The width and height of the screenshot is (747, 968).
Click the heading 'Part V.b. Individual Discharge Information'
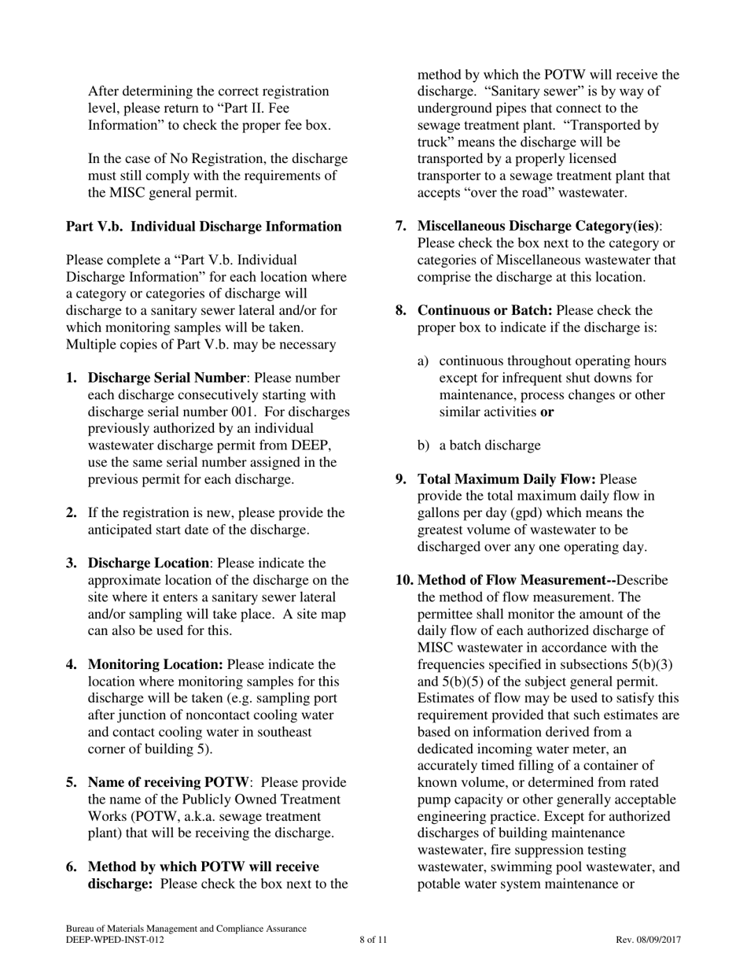204,227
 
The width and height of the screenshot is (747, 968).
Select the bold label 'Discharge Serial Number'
167,378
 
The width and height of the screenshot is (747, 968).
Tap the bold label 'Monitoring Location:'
156,665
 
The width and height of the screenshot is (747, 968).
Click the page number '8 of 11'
373,940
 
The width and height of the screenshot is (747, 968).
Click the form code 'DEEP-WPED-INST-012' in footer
116,940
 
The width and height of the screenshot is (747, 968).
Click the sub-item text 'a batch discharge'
489,445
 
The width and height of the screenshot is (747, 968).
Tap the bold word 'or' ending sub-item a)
547,412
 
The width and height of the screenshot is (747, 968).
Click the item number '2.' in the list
72,513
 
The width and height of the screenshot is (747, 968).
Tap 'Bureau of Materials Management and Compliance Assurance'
186,929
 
